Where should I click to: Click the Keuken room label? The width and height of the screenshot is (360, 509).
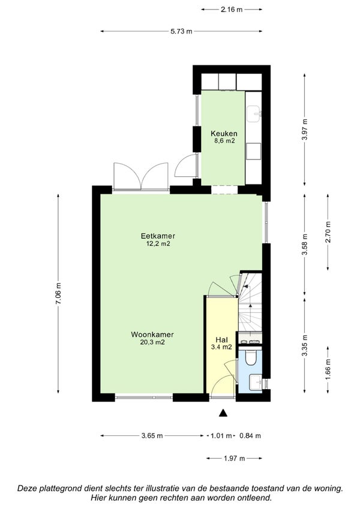(224, 134)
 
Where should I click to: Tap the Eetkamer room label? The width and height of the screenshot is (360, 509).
(158, 236)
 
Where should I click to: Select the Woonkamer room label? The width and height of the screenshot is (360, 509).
(152, 335)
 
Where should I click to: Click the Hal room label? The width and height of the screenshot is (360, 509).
(221, 340)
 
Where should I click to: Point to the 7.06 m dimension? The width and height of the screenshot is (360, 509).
(58, 293)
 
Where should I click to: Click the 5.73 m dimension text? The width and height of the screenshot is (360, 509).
(181, 32)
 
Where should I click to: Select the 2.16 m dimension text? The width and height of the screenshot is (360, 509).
(232, 10)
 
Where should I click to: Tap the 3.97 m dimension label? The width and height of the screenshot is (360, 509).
(304, 129)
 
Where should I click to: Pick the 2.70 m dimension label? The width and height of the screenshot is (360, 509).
(328, 232)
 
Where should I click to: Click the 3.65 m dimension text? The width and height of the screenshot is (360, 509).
(152, 436)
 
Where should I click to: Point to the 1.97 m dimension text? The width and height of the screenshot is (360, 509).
(234, 459)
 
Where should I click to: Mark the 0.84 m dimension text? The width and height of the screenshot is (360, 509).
(250, 436)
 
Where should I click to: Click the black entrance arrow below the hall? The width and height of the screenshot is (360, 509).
(223, 412)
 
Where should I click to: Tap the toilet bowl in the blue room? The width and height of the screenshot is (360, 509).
(251, 357)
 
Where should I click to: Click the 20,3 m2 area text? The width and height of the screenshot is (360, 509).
(152, 342)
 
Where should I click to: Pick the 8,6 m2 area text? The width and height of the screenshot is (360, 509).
(224, 141)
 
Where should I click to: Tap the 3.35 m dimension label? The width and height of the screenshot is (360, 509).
(304, 345)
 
